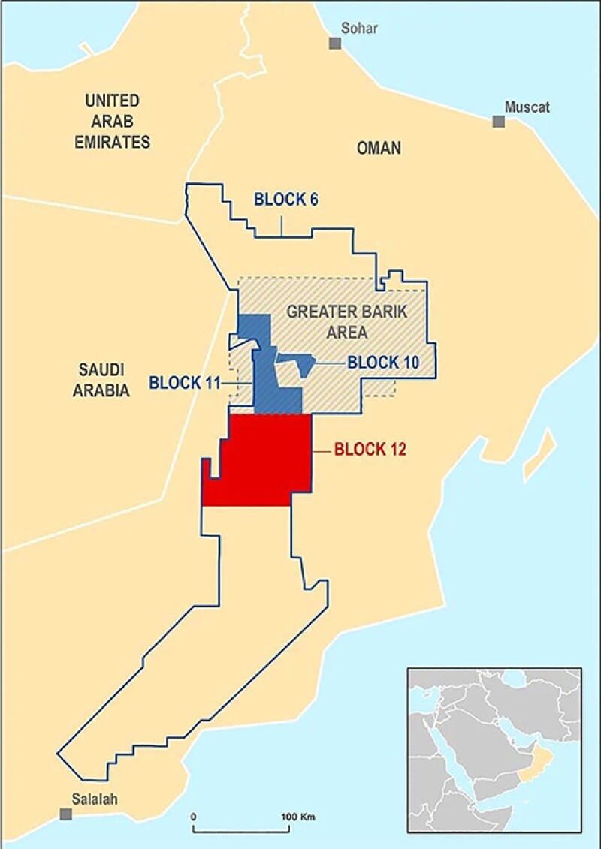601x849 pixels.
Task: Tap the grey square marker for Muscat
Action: coord(498,122)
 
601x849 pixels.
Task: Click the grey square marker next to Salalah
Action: coord(67,814)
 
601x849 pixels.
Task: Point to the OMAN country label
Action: coord(379,148)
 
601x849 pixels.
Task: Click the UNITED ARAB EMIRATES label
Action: coord(113,121)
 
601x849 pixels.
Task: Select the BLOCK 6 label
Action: coord(286,200)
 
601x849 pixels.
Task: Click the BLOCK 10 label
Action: coord(382,362)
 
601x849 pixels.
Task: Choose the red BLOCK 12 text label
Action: coord(370,450)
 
